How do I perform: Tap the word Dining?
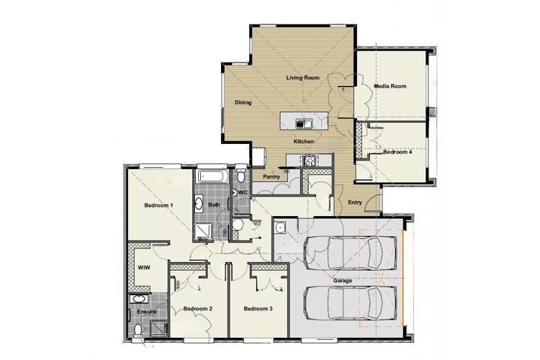point(243,103)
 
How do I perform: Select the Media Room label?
point(390,86)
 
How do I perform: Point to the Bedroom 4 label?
point(397,153)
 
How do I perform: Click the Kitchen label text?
point(303,142)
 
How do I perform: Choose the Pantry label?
point(271,176)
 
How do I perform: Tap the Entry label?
point(355,202)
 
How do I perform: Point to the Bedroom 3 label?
point(257,309)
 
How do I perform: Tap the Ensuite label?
point(145,312)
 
